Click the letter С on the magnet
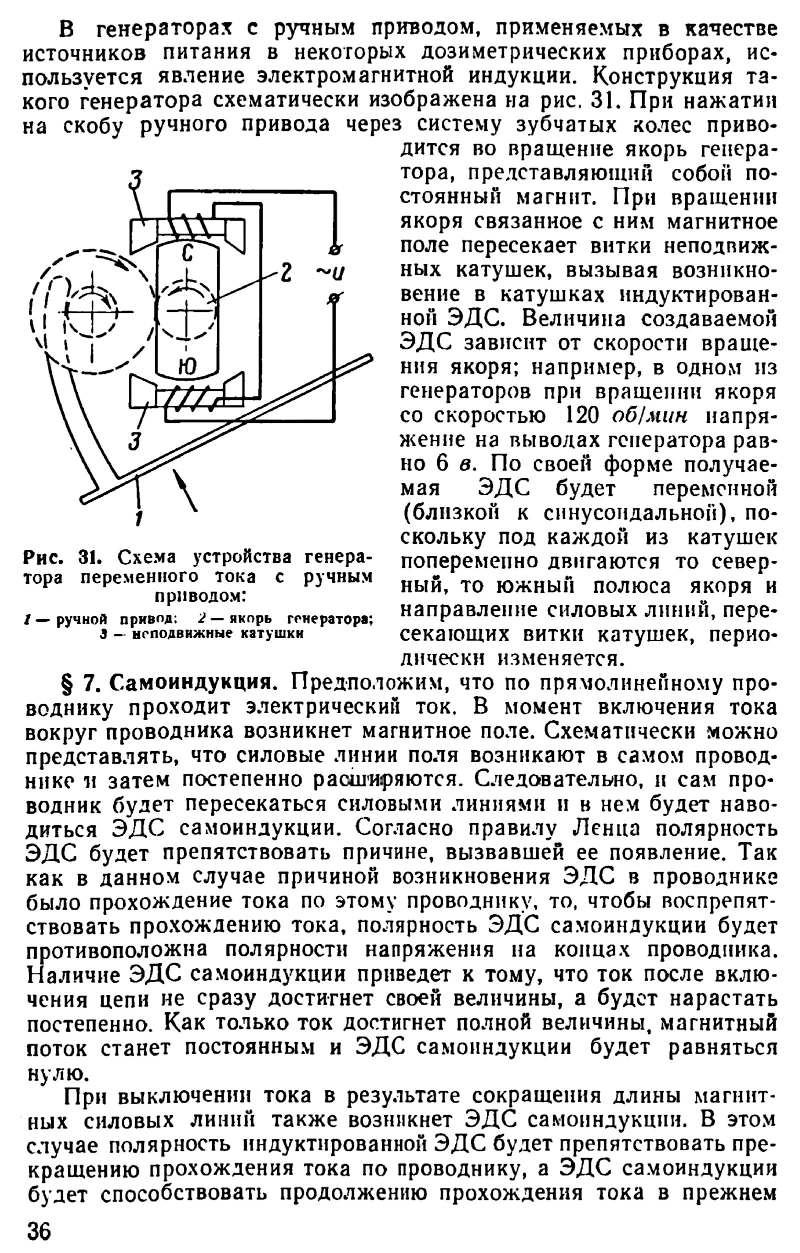coord(187,253)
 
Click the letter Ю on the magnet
coord(186,368)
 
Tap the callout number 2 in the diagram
coord(286,273)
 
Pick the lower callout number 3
coord(135,441)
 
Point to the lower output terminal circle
coord(335,298)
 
